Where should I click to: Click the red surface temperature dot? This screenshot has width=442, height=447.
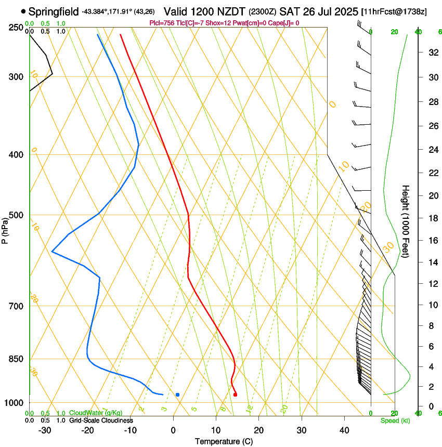[236, 395]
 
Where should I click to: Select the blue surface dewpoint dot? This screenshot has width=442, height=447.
[178, 395]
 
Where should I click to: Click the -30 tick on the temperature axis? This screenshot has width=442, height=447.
[45, 430]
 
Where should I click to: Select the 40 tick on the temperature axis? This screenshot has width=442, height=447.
[344, 430]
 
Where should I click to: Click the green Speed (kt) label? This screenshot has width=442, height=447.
[395, 420]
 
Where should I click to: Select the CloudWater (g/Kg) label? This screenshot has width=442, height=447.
[89, 413]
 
